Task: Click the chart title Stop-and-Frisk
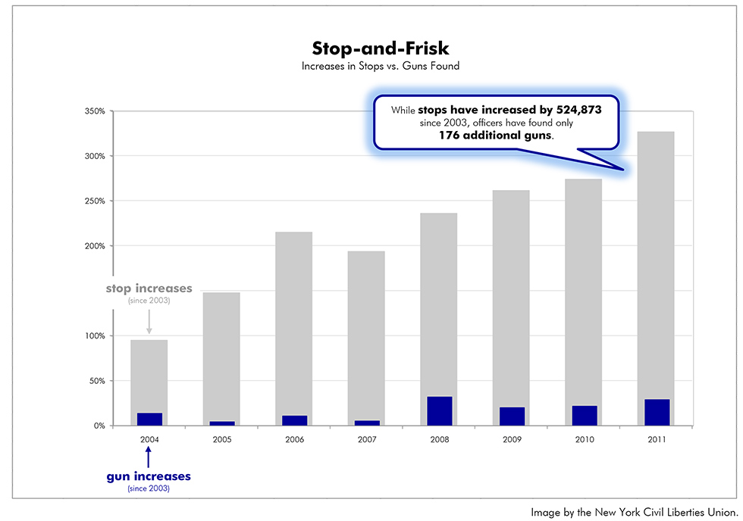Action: [x=381, y=48]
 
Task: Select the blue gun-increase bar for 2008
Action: [x=440, y=410]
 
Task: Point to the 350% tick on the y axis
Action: [x=95, y=111]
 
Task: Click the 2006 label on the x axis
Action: [x=294, y=439]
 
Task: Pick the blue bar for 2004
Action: [x=149, y=419]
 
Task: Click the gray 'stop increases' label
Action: [x=149, y=289]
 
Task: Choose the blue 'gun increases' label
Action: [x=149, y=476]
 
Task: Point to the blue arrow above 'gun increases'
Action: [x=149, y=457]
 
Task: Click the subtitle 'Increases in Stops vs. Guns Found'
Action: [x=381, y=67]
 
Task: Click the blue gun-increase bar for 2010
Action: [x=585, y=415]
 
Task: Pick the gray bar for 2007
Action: [x=366, y=333]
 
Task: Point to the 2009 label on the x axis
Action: [x=512, y=439]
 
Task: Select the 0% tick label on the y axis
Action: [x=99, y=426]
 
